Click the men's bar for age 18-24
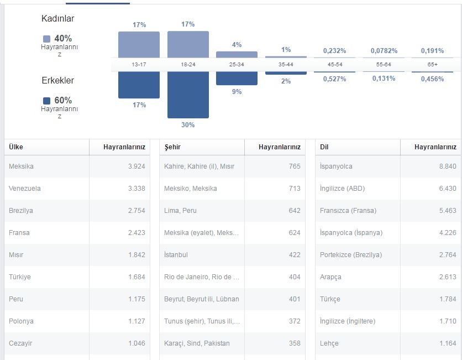point(188,95)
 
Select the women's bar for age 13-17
point(139,45)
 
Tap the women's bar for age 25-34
point(237,55)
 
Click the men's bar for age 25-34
point(237,79)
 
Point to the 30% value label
point(188,125)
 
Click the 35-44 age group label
point(286,64)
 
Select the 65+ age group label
point(433,64)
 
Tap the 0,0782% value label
point(384,51)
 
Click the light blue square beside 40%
point(46,39)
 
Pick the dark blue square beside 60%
point(46,101)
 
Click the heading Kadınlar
point(57,18)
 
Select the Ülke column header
point(16,147)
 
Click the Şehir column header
point(172,147)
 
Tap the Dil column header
point(324,147)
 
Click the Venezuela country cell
point(25,189)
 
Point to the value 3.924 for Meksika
point(136,166)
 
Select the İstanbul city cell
point(176,255)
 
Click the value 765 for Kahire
point(295,166)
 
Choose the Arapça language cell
point(330,277)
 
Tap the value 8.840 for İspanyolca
point(448,166)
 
